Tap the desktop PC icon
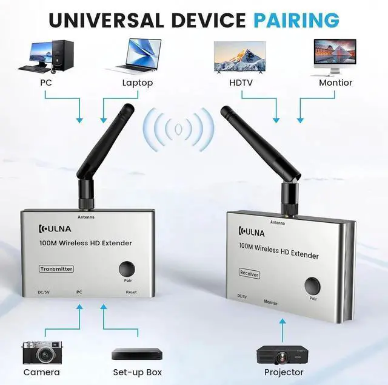[x=47, y=56]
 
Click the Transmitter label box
[x=56, y=268]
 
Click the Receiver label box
[x=249, y=273]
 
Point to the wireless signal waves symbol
[x=178, y=129]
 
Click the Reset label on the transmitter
[x=130, y=292]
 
